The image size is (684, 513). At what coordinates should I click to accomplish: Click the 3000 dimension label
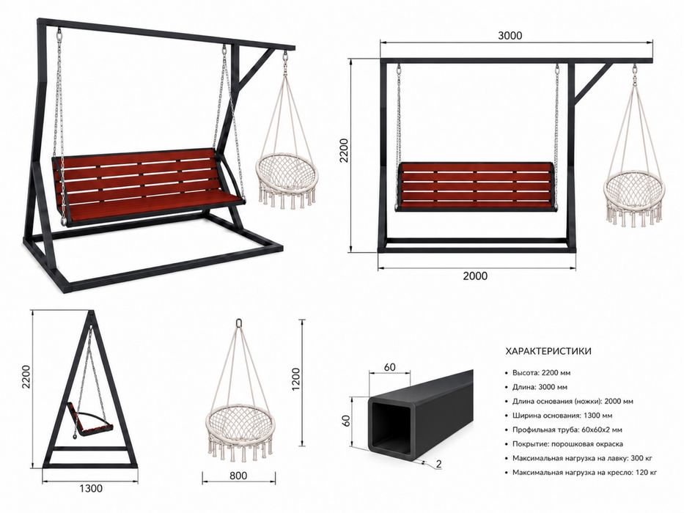[510, 35]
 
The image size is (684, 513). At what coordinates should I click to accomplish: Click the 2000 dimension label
[475, 276]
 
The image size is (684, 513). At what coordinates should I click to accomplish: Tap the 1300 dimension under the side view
[91, 488]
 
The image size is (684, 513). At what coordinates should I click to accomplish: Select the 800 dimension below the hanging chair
[238, 476]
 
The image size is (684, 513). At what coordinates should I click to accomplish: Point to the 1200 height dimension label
[296, 379]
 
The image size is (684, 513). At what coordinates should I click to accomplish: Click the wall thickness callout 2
[439, 464]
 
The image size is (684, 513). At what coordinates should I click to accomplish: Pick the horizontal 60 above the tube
[389, 367]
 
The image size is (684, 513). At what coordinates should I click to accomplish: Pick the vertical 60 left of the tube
[346, 421]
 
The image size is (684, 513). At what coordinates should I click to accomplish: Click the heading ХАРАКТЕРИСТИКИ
[548, 351]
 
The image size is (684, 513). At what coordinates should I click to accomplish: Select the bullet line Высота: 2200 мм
[541, 373]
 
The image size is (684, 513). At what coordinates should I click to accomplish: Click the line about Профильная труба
[567, 429]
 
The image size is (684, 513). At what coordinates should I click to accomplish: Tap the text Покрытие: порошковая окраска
[567, 444]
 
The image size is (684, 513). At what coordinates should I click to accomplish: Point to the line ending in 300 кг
[582, 459]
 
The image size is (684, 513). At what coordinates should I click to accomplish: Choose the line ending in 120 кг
[584, 473]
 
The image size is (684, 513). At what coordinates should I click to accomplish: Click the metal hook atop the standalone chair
[239, 323]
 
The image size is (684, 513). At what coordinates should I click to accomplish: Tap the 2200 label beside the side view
[26, 377]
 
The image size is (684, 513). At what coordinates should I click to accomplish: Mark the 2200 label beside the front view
[344, 150]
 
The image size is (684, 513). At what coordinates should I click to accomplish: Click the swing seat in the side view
[92, 422]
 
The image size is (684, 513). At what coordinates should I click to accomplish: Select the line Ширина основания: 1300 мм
[562, 416]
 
